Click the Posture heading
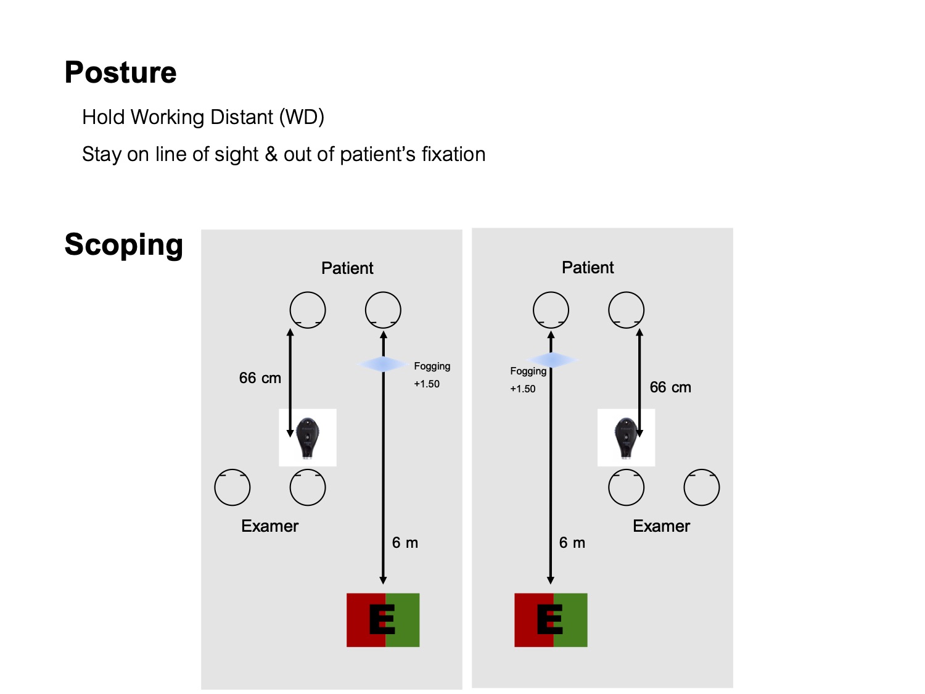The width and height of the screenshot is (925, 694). pos(120,73)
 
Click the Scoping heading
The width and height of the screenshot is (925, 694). pos(123,245)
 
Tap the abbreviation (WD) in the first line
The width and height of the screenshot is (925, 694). pos(302,117)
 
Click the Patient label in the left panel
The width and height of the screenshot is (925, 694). pos(347,268)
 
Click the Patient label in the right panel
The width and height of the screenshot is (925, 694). pos(588,268)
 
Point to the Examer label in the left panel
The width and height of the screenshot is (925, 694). pos(269,526)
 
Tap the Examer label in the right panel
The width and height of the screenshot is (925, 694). pos(661,526)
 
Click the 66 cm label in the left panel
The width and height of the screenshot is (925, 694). pos(260,378)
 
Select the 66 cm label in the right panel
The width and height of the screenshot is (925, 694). pos(670,387)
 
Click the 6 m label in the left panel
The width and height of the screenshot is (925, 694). pos(405,543)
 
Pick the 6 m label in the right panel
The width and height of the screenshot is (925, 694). pos(572,543)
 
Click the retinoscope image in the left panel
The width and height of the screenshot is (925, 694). pos(307,437)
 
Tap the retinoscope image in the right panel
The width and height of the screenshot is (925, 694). pos(625,437)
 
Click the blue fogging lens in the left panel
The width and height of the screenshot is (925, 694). pos(382,365)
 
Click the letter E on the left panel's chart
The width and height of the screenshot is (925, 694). pos(382,619)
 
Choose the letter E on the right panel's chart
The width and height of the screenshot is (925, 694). pos(549,619)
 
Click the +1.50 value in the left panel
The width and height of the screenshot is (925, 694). pos(427,384)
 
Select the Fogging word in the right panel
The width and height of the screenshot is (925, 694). pos(528,371)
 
